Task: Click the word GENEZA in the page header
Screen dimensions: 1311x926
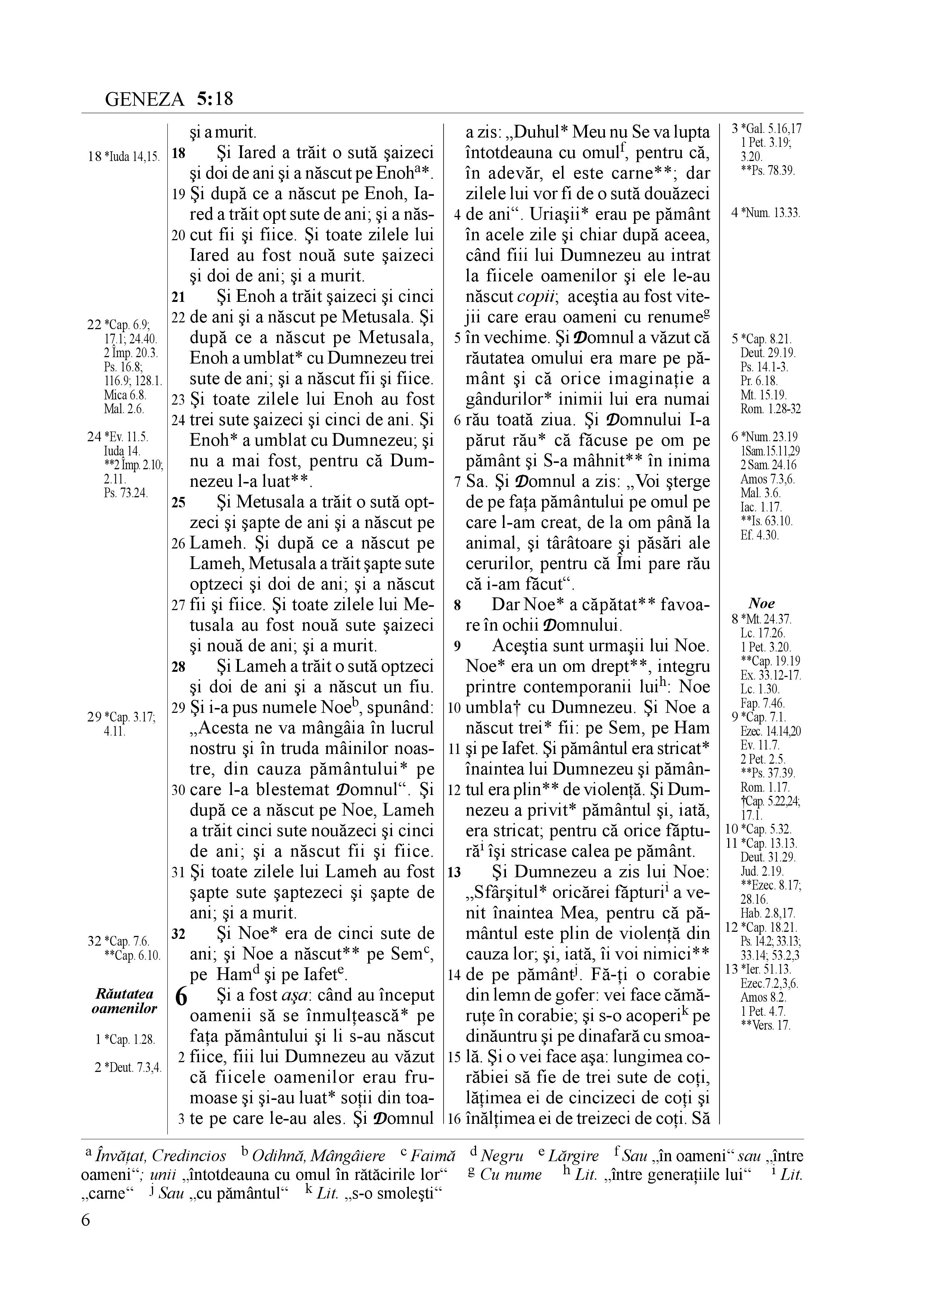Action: coord(145,100)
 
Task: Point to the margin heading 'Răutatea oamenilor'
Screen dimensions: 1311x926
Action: coord(124,1001)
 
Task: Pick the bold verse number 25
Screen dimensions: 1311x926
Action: coord(178,503)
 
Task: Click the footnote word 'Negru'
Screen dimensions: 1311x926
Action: coord(502,1157)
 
